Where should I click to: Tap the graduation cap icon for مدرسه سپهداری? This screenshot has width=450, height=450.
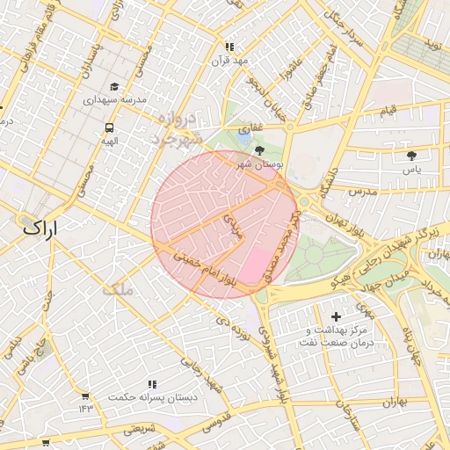point(114,87)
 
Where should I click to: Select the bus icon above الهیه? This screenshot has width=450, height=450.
point(108,127)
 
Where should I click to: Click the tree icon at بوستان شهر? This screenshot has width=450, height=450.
point(258,151)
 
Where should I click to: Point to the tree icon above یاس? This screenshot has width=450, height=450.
point(411,156)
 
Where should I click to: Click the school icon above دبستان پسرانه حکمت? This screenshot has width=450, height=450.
point(152,385)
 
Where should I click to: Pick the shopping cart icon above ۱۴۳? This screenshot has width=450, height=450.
point(84,396)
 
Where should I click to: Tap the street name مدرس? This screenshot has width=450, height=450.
point(361,191)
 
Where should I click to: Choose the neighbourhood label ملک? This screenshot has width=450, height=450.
point(116,289)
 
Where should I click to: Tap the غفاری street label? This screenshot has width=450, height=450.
point(250,128)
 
